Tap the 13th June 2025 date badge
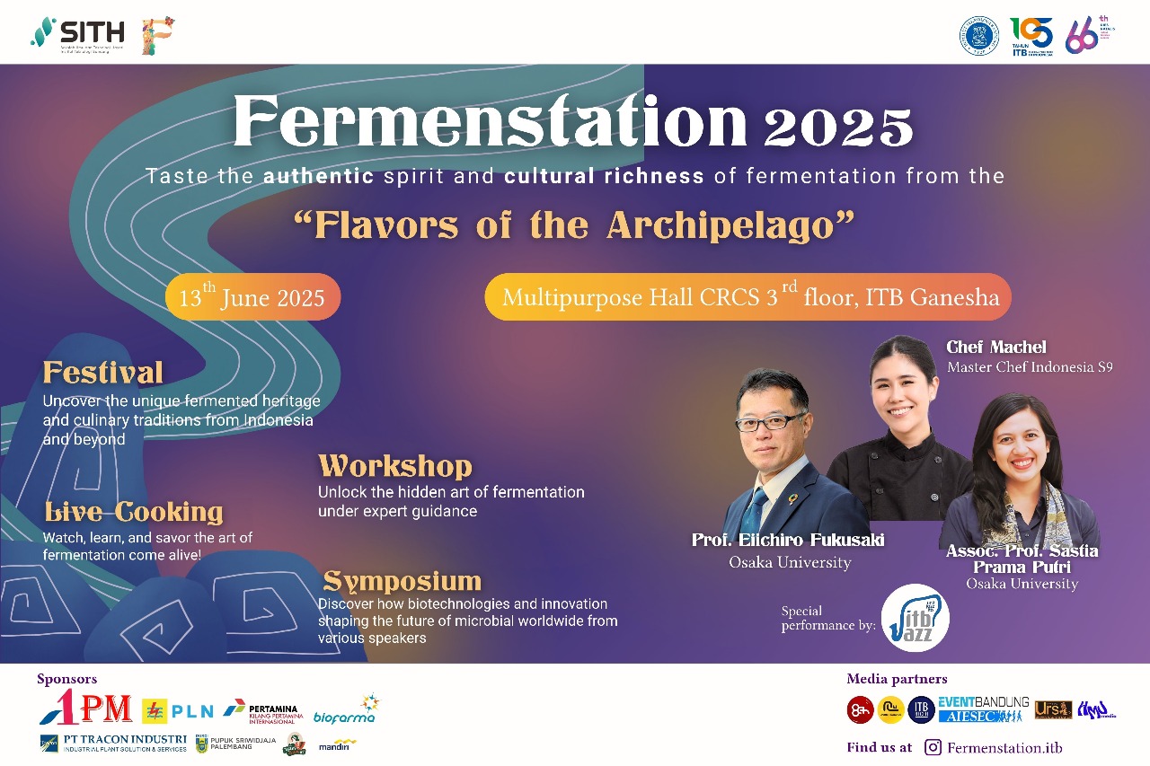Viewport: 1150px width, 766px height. tap(252, 297)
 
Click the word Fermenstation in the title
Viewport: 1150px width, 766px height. tap(490, 123)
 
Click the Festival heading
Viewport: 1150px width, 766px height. tap(103, 373)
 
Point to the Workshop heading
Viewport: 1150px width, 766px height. tap(394, 466)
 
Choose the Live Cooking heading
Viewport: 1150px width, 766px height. tap(134, 512)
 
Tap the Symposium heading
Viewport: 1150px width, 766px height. tap(402, 580)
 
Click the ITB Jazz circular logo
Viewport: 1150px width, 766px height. tap(915, 618)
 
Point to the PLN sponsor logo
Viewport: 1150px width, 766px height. tap(178, 710)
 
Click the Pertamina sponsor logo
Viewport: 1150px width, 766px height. tap(261, 710)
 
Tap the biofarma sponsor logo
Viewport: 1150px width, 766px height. tap(346, 711)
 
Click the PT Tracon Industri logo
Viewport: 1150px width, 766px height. tap(113, 743)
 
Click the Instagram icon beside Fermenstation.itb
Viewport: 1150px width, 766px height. tap(933, 747)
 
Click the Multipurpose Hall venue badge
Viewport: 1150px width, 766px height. tap(747, 297)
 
